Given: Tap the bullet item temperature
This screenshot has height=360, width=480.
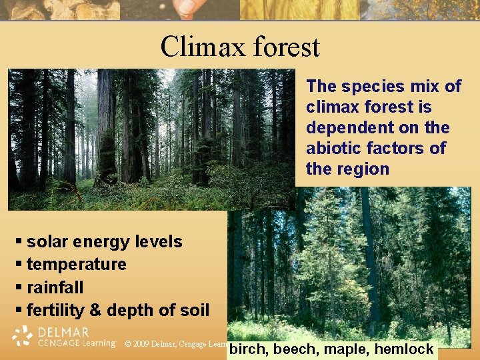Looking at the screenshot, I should (77, 265).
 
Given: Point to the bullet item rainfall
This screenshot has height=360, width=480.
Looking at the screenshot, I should (55, 287).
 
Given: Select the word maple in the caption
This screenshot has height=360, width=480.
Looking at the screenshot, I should (346, 349).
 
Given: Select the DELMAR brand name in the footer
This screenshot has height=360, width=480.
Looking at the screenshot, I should (63, 331).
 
